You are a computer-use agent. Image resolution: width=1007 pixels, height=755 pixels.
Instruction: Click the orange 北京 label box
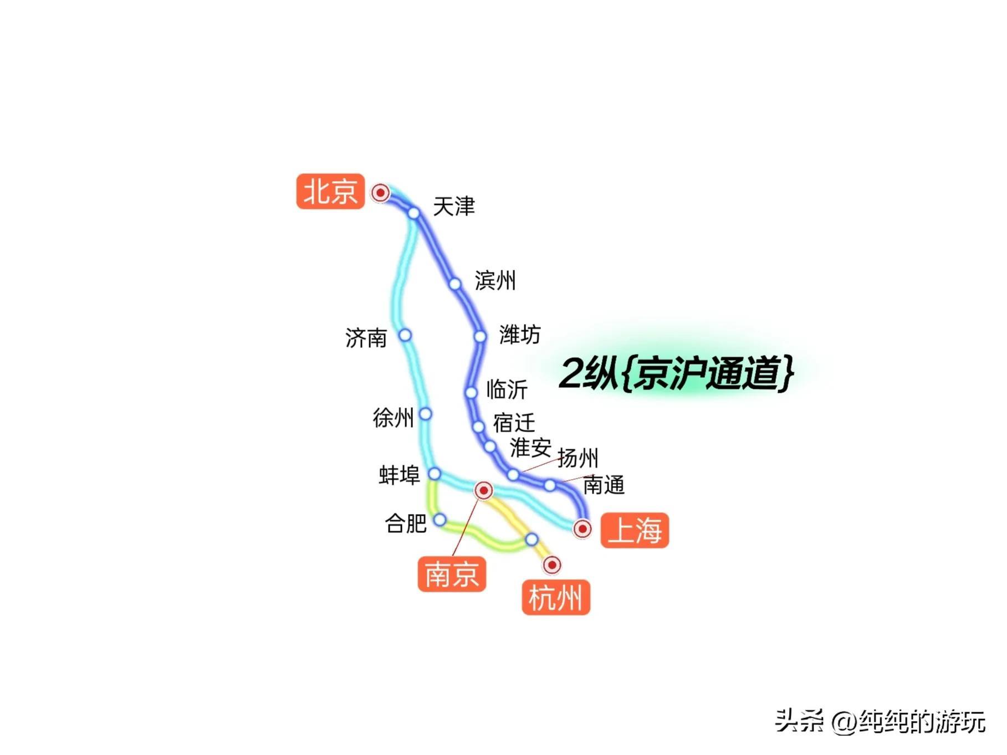(x=330, y=192)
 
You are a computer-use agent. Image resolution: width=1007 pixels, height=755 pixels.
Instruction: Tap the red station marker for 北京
(x=380, y=193)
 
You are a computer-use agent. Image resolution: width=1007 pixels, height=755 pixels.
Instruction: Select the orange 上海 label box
(x=635, y=531)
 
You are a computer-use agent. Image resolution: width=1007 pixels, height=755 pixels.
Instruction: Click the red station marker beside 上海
(x=582, y=529)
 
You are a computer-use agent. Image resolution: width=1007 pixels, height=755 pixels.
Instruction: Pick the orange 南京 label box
(x=452, y=574)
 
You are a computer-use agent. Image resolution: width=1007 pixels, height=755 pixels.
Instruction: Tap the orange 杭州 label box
(x=555, y=598)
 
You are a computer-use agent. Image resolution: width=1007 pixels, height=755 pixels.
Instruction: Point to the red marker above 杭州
(x=551, y=565)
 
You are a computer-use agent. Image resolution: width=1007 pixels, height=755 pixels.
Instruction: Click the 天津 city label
(x=454, y=207)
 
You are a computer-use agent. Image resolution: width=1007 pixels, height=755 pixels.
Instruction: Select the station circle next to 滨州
(x=455, y=284)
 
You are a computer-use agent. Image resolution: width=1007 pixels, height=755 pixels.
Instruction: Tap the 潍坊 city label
(x=519, y=335)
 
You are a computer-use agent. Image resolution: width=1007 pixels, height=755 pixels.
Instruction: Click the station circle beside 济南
(x=405, y=335)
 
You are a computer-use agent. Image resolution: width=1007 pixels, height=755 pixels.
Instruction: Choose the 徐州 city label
(x=393, y=418)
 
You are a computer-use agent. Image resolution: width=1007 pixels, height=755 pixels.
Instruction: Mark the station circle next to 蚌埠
(x=435, y=474)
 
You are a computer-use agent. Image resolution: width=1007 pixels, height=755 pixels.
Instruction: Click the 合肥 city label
(x=406, y=523)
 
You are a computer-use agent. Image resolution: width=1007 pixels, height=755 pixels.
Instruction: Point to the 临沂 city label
(x=507, y=389)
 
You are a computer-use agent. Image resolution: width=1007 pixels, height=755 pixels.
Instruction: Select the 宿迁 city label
(x=514, y=423)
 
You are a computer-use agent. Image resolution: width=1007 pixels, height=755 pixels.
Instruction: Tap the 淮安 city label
(x=530, y=447)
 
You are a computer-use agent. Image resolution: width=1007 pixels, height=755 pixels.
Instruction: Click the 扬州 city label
(x=577, y=458)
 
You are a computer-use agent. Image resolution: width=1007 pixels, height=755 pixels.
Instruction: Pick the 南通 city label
(x=604, y=485)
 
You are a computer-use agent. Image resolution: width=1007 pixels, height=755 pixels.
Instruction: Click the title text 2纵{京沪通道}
(x=676, y=373)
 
